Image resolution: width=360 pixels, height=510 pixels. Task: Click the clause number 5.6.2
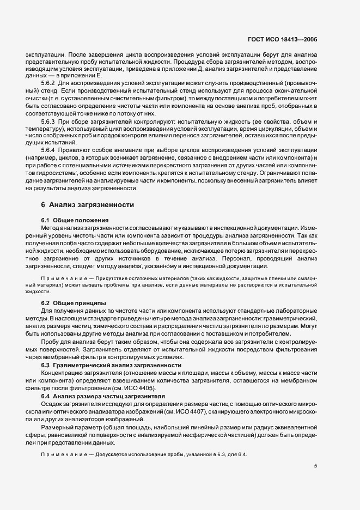pos(50,82)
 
